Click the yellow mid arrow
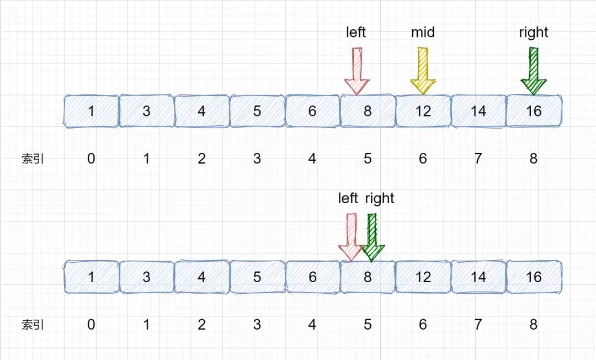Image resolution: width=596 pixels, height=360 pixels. (x=423, y=71)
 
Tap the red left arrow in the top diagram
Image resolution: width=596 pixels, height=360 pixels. (x=356, y=71)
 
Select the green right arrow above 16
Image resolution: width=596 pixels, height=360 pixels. (x=534, y=71)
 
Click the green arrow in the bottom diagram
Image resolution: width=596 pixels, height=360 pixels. (x=372, y=237)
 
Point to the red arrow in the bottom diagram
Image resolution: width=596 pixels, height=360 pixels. (x=351, y=237)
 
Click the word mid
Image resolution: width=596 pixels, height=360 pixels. (x=423, y=33)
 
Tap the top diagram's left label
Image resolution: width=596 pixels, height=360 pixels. (x=356, y=32)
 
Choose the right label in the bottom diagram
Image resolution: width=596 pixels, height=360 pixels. (x=380, y=198)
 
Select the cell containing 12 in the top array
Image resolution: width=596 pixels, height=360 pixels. (x=423, y=111)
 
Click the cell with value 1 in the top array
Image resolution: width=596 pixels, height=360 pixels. (x=91, y=111)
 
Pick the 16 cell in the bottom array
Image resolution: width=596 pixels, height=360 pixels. (x=534, y=277)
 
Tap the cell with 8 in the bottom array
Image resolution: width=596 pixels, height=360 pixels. (x=368, y=277)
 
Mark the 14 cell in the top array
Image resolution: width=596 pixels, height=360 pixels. (x=478, y=111)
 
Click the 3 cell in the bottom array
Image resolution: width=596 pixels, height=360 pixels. (x=147, y=277)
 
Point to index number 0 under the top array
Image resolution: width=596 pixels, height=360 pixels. (x=91, y=158)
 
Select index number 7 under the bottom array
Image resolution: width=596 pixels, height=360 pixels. (x=478, y=324)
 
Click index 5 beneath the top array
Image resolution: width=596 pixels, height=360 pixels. (x=368, y=158)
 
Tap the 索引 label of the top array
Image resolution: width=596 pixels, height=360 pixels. (x=33, y=158)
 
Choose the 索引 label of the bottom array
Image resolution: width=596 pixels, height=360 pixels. (x=33, y=325)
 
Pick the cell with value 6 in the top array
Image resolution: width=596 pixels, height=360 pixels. (x=312, y=111)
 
